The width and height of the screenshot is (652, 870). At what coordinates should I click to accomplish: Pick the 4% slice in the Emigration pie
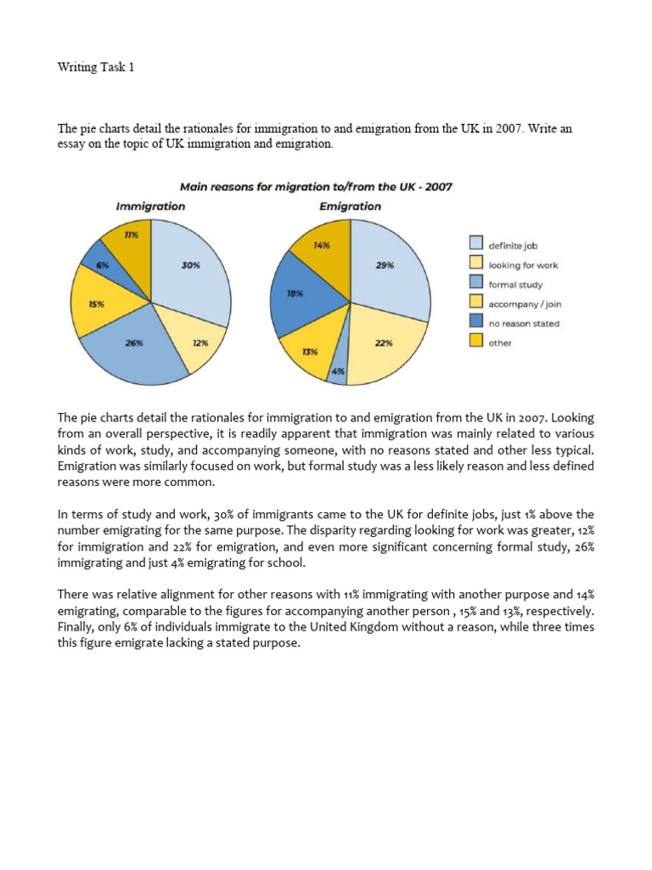[337, 371]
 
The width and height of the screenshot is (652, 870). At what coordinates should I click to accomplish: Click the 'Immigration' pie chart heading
[150, 206]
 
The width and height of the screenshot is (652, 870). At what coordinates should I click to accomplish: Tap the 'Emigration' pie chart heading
[350, 206]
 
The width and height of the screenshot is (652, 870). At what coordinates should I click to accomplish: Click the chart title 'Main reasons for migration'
[314, 187]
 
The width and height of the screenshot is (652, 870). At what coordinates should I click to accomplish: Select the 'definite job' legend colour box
[476, 246]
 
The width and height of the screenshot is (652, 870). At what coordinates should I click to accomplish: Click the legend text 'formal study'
[515, 285]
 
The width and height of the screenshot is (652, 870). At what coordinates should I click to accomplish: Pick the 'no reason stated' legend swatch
[476, 324]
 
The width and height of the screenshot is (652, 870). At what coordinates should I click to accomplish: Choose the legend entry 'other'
[499, 343]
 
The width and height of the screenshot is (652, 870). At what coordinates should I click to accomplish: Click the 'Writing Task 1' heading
[96, 67]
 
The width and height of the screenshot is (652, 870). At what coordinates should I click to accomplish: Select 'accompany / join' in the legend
[525, 304]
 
